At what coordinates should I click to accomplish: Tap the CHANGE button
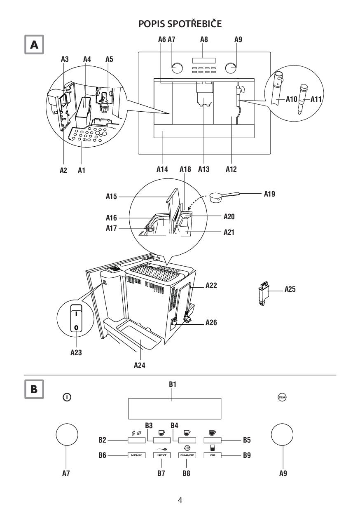click(187, 455)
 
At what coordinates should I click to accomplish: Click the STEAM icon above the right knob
click(283, 397)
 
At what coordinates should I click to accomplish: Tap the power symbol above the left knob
click(67, 397)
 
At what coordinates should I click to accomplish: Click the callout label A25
click(290, 289)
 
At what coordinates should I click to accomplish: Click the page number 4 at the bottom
click(180, 500)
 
